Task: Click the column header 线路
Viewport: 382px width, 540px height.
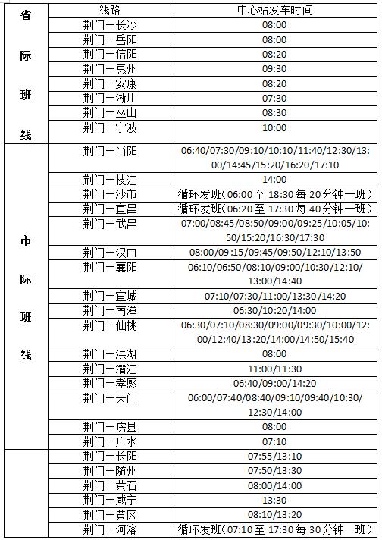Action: point(110,10)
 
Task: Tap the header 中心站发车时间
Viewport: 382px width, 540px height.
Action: point(274,10)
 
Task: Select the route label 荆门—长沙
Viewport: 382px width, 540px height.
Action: point(110,25)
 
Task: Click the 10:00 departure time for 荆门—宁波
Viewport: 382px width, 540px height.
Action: point(274,127)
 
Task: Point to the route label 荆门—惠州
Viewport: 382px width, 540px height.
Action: point(110,69)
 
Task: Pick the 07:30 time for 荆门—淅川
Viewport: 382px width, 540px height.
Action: point(274,98)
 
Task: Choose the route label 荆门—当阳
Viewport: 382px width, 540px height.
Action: point(110,151)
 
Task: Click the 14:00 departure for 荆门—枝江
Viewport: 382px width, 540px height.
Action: point(274,180)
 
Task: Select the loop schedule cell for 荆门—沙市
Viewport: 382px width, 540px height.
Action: point(274,194)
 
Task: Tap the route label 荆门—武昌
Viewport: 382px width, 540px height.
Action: point(110,224)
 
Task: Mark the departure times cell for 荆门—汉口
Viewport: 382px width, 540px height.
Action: point(274,253)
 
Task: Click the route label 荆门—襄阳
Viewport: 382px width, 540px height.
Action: point(110,267)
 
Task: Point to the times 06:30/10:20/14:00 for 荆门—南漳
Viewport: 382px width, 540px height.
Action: point(274,311)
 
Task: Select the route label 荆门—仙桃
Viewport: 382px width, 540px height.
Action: point(110,325)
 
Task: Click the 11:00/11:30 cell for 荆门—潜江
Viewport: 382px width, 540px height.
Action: point(274,369)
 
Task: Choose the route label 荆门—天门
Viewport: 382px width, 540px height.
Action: point(110,398)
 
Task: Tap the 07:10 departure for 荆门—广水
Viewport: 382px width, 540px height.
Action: point(274,441)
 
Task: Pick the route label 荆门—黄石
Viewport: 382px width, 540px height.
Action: point(110,485)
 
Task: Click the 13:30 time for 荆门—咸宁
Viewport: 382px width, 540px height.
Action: point(274,500)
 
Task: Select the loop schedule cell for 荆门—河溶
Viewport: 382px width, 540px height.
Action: point(274,529)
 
